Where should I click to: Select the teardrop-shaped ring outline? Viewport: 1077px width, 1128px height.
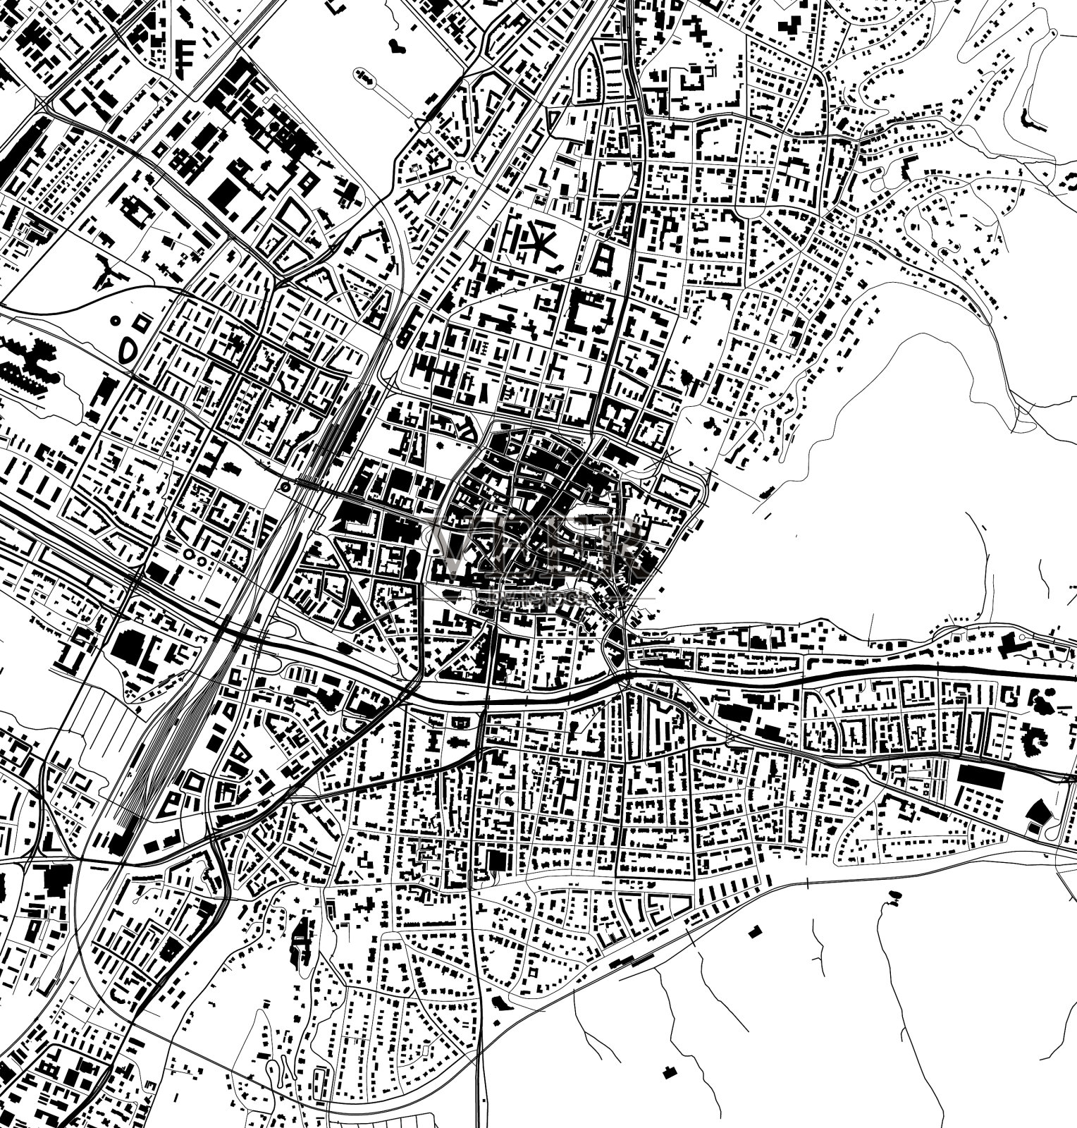pos(129,349)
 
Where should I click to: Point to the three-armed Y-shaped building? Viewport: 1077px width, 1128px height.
pos(105,275)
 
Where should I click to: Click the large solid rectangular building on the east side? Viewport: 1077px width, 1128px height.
pos(980,776)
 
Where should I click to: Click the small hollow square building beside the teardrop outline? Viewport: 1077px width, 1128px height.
pos(142,321)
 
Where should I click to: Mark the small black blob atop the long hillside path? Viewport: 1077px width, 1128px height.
pos(895,895)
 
